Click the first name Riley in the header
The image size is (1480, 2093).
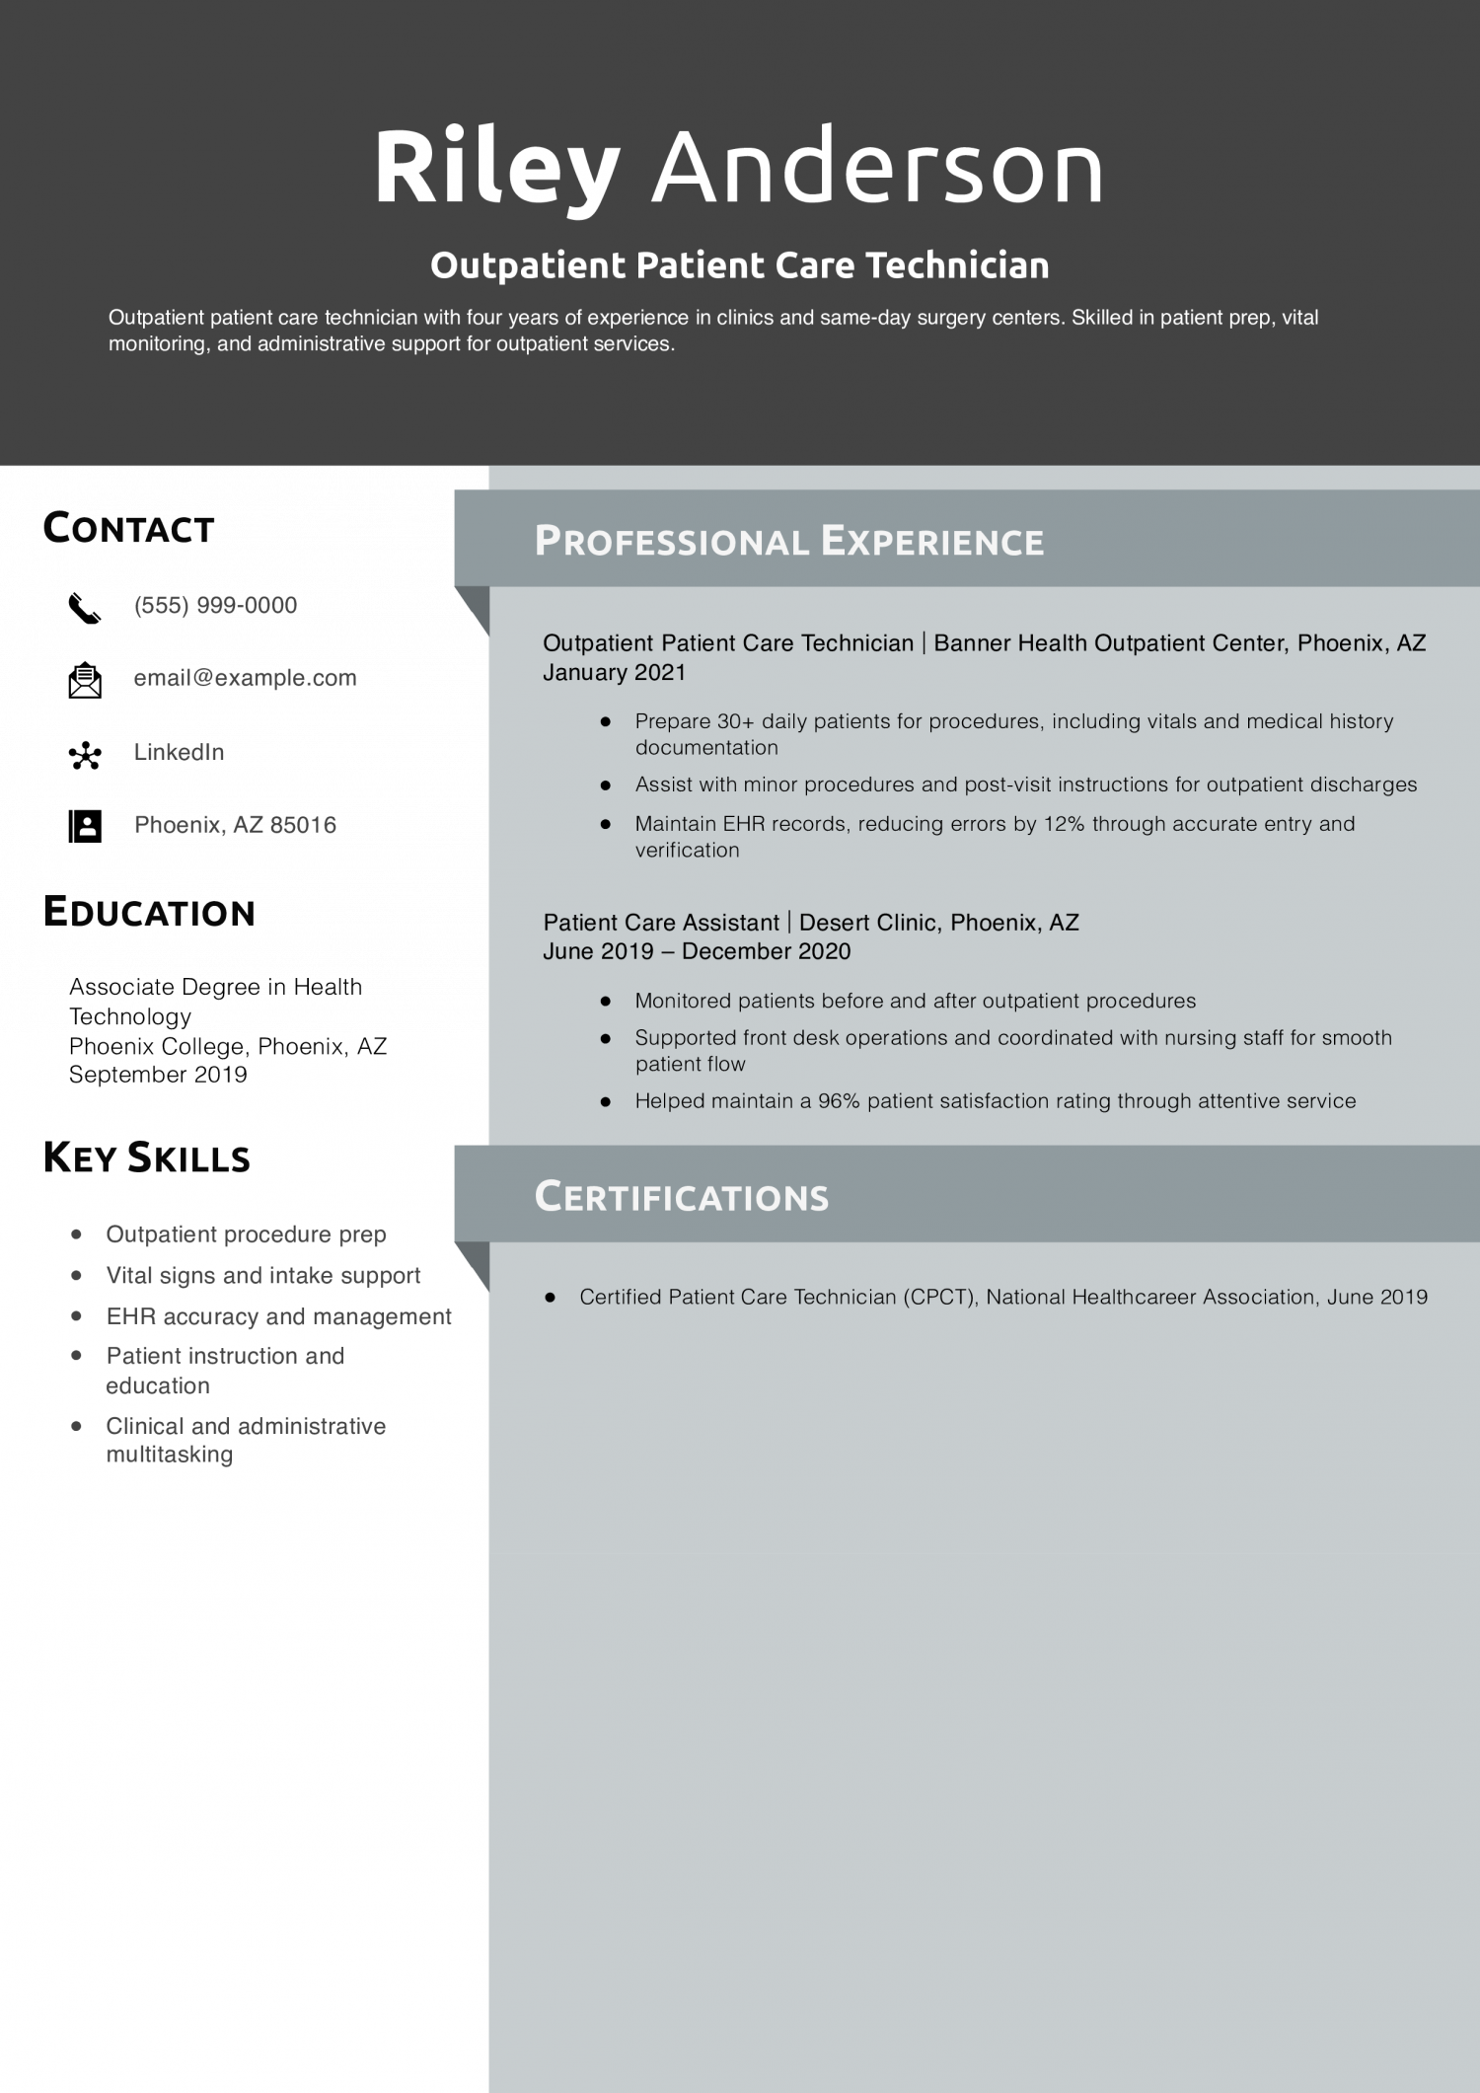pos(496,168)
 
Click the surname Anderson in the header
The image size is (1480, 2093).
pos(877,168)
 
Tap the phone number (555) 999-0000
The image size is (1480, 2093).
pos(215,605)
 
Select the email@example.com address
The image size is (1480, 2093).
pos(245,678)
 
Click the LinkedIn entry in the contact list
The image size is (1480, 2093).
pos(179,752)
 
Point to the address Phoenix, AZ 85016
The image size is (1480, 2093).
pos(235,825)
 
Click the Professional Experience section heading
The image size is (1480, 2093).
pos(788,541)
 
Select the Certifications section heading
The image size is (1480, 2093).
pos(681,1196)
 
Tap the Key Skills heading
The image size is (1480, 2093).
pos(146,1158)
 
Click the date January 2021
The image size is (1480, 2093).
pos(614,672)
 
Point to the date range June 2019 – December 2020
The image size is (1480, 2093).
pos(697,951)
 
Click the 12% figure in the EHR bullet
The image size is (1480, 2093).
pos(1063,824)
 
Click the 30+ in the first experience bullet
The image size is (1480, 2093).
pos(735,721)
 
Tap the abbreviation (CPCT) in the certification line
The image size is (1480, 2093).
pos(938,1297)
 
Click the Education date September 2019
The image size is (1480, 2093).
pos(158,1075)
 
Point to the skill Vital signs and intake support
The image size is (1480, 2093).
pos(262,1275)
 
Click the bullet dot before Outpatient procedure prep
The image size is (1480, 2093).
pos(77,1234)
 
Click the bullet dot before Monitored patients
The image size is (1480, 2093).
pos(606,1001)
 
